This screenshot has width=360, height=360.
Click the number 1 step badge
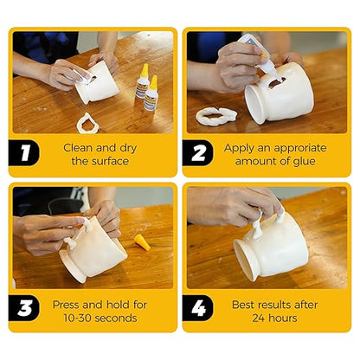tap(25, 154)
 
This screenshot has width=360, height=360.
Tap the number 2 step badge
tap(199, 154)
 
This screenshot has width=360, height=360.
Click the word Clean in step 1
tap(78, 147)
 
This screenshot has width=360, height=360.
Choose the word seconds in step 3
tap(118, 318)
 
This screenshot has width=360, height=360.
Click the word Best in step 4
tap(245, 304)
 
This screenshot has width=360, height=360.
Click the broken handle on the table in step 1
tap(87, 124)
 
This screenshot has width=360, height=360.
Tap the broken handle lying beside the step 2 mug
tap(215, 114)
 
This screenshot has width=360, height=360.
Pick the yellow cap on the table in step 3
tap(142, 243)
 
